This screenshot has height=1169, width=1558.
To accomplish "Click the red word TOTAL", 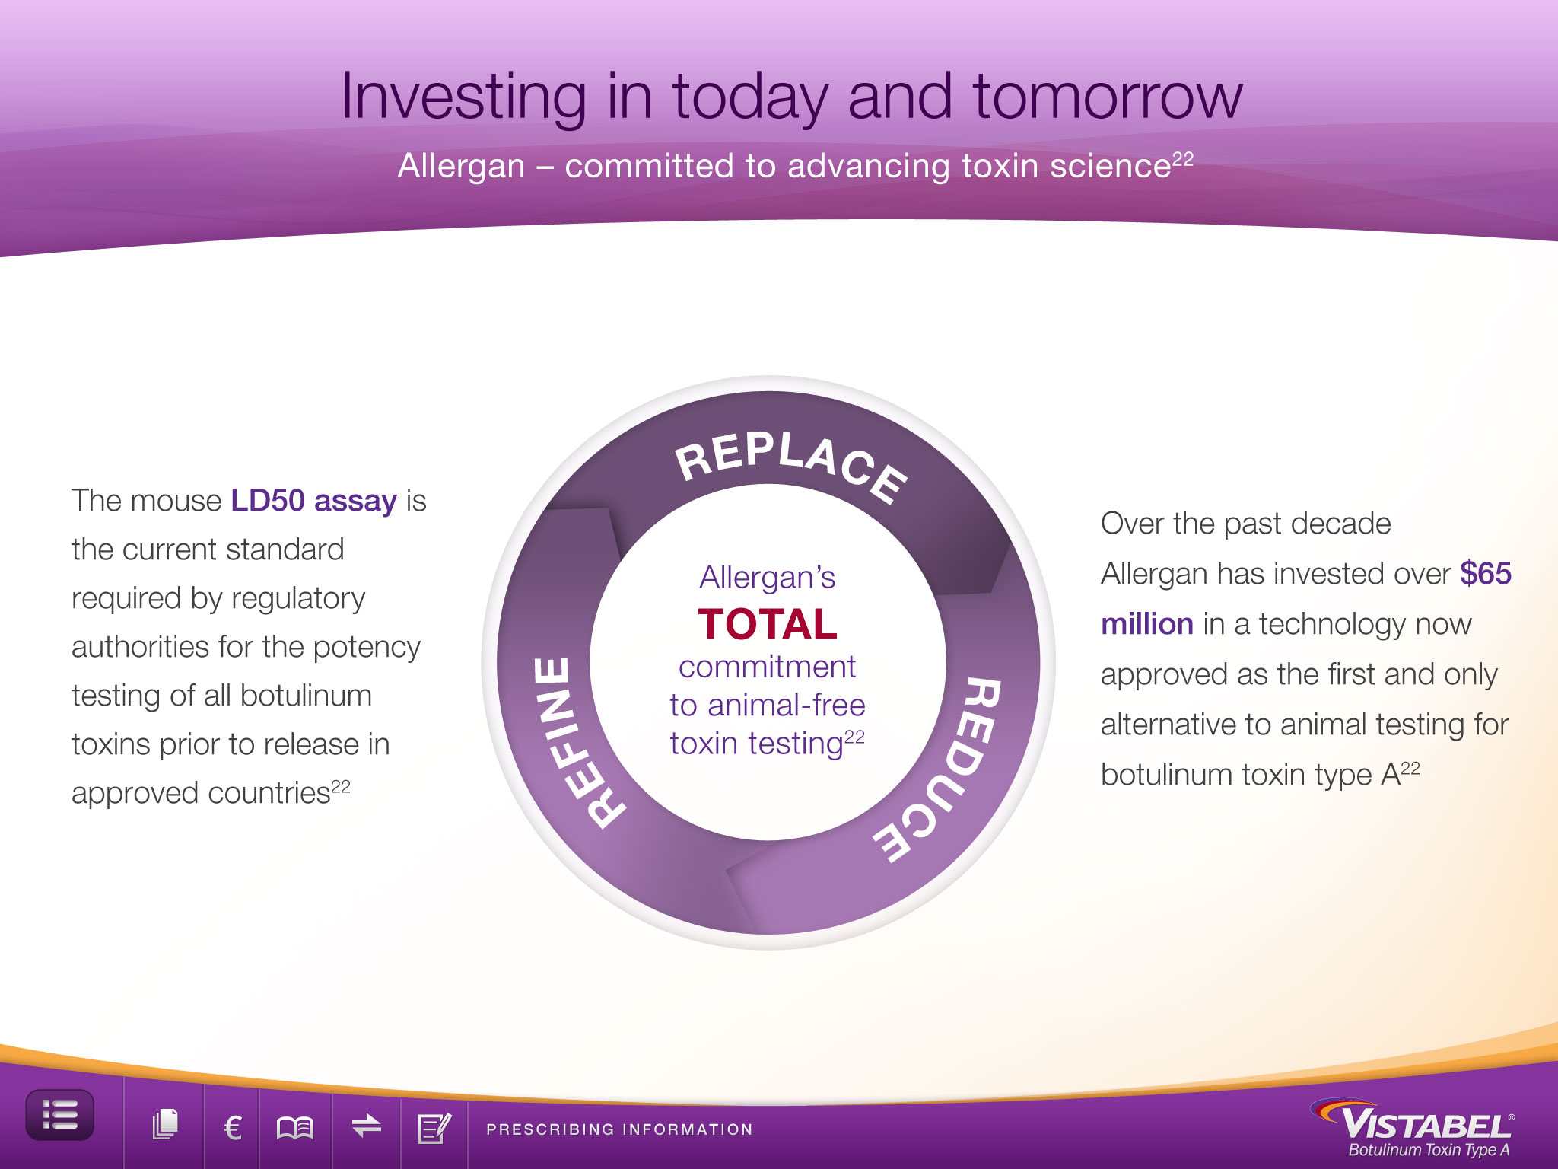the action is click(768, 624).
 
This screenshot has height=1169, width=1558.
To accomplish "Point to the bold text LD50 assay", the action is click(313, 502).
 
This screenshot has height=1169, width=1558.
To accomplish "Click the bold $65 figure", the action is click(1486, 573).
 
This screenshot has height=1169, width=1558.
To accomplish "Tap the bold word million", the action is click(1147, 624).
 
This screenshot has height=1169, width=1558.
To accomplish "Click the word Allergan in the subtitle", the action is click(461, 166).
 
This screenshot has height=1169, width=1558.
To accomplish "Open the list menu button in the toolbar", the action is click(60, 1115).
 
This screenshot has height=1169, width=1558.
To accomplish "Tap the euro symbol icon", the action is click(233, 1127).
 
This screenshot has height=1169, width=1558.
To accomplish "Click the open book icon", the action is click(295, 1127).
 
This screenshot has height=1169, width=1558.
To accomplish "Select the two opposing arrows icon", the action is click(366, 1125).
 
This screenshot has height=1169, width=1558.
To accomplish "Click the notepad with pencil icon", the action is click(434, 1127).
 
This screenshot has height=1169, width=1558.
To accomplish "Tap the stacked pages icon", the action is click(165, 1125).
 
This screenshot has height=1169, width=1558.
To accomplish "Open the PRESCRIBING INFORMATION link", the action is click(619, 1129).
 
